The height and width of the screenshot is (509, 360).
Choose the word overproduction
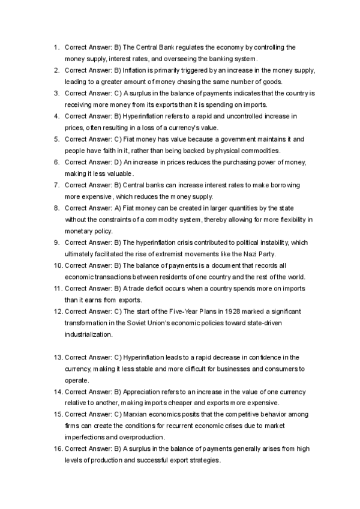point(135,437)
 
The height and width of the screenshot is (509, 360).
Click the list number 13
point(58,357)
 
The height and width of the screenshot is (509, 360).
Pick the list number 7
point(56,185)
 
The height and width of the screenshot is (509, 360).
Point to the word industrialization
point(89,334)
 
